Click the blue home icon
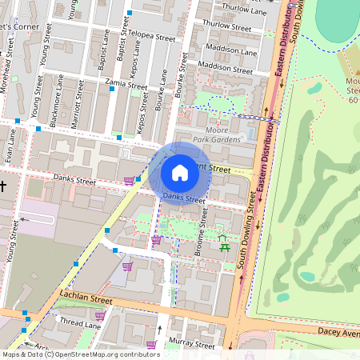[180, 173]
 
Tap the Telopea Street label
[151, 37]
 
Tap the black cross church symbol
[3, 186]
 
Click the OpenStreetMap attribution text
[80, 354]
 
